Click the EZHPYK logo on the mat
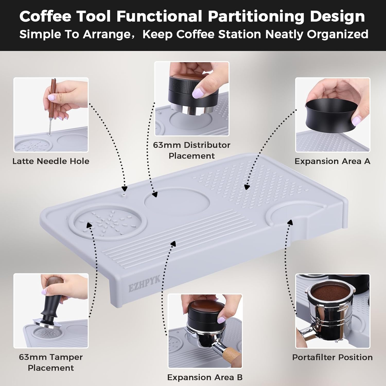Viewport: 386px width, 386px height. click(x=144, y=283)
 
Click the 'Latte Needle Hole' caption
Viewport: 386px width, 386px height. click(x=51, y=161)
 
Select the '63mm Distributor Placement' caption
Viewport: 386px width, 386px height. click(x=191, y=150)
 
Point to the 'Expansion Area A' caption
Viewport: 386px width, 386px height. click(x=332, y=161)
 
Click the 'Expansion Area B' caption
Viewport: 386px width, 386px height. click(x=205, y=377)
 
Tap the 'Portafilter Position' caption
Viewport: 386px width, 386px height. click(x=332, y=357)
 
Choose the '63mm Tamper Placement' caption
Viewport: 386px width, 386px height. click(x=51, y=362)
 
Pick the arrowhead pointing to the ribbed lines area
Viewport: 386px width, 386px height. click(x=173, y=243)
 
